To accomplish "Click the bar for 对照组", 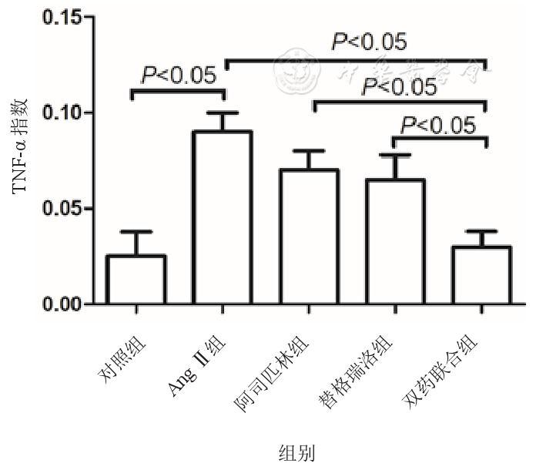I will pos(136,280).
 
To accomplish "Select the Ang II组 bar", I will pos(223,218).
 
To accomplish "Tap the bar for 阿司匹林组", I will pos(309,237).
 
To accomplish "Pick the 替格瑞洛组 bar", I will pos(395,242).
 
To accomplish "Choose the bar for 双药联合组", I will pos(481,275).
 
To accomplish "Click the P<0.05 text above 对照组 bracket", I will pos(179,76).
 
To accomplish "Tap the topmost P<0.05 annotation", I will pos(369,42).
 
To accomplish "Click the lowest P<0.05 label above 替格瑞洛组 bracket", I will pos(440,123).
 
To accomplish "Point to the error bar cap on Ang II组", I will pos(223,112).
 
